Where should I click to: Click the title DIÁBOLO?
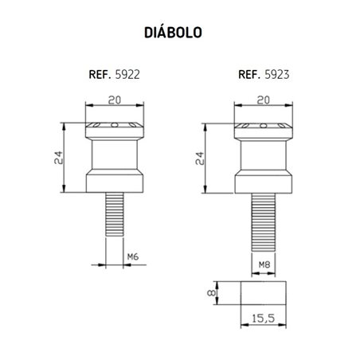click(x=174, y=33)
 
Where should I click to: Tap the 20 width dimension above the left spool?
click(x=116, y=101)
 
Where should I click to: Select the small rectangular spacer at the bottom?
click(x=264, y=292)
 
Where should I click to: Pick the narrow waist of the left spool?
click(x=116, y=155)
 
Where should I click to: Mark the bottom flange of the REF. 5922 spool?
click(x=116, y=183)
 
